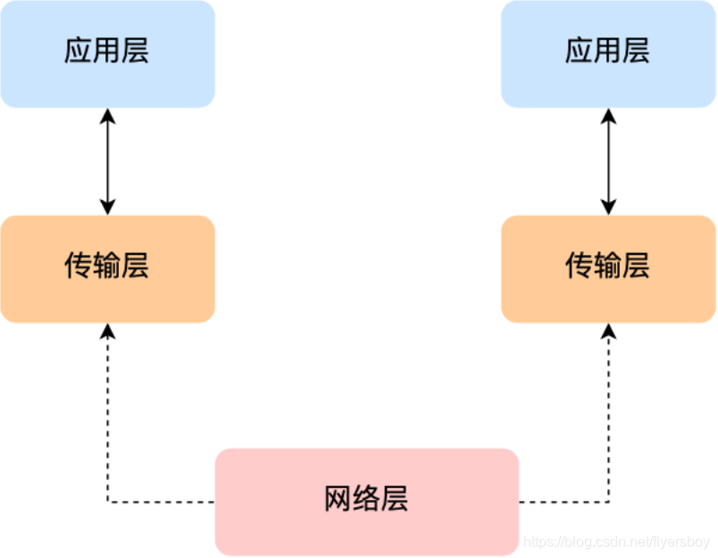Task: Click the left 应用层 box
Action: coord(107,54)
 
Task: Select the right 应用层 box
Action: coord(608,54)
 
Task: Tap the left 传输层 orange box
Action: coord(107,268)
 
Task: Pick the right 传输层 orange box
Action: coord(608,268)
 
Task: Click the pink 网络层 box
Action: coord(366,501)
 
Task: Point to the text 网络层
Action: coord(366,499)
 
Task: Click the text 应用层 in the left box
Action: coord(106,51)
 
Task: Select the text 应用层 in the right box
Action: coord(607,51)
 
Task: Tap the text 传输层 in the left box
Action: coord(106,266)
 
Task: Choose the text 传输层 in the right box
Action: coord(607,266)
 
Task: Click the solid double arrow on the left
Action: coord(107,161)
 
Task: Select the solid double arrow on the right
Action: coord(608,161)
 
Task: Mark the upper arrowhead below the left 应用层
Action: coord(107,114)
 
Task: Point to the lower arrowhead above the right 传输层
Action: coord(608,207)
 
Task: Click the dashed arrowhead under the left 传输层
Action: coord(107,330)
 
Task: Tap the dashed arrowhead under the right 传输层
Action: coord(608,330)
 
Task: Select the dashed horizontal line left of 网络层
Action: coord(161,502)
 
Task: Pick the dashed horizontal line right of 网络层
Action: coord(564,502)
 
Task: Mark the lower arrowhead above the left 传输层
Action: coord(107,207)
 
